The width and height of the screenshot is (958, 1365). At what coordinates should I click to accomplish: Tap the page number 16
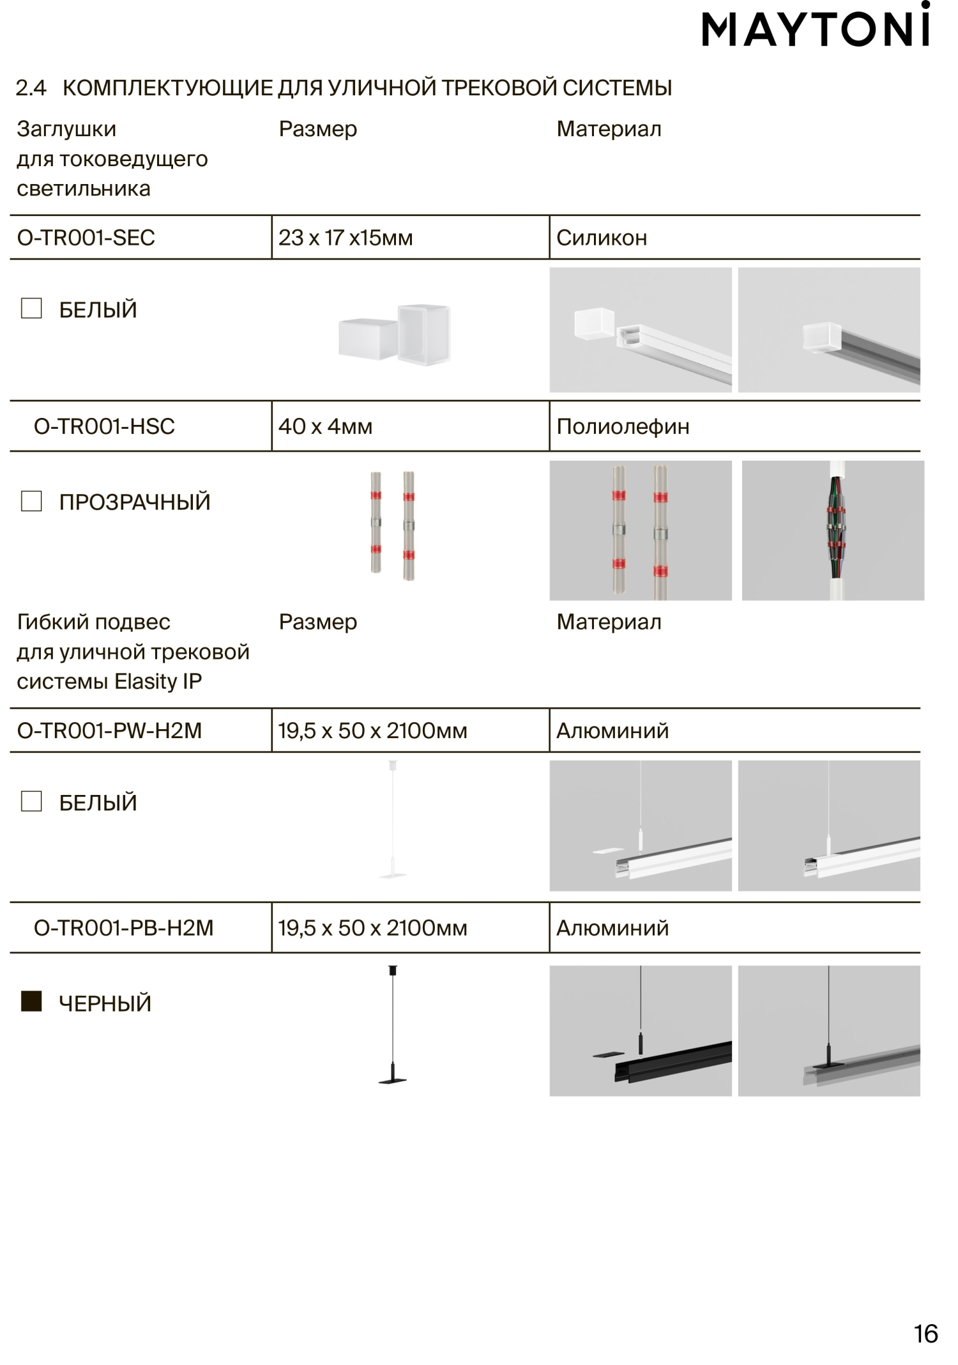(925, 1334)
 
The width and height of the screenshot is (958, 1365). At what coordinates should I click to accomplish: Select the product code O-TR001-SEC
(86, 238)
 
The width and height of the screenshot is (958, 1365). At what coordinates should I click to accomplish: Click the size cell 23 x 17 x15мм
(346, 238)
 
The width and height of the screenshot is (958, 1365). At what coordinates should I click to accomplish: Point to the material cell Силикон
(602, 238)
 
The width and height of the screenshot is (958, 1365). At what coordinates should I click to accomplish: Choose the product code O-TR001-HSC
(104, 426)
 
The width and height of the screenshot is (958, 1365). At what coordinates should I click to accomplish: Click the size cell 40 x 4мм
(325, 426)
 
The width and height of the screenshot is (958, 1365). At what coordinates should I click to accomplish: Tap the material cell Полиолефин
(623, 426)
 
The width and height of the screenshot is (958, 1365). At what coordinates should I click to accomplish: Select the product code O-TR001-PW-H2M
(109, 730)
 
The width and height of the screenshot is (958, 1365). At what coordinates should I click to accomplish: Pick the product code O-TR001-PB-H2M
(123, 928)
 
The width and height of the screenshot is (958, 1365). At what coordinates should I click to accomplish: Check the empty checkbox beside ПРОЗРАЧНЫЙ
(31, 501)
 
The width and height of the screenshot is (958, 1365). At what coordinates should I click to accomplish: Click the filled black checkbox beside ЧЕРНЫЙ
(31, 1001)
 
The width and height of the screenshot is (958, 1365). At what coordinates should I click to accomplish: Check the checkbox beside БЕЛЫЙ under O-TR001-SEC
(31, 308)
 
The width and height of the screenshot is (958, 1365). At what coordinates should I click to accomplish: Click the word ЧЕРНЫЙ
(105, 1003)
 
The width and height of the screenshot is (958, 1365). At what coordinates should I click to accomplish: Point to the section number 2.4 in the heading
(31, 88)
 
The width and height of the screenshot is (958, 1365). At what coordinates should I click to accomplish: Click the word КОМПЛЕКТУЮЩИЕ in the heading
(168, 88)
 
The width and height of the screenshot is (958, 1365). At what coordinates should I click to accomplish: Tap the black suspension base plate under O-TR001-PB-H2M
(392, 1081)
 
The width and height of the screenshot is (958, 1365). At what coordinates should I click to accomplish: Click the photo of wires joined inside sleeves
(833, 530)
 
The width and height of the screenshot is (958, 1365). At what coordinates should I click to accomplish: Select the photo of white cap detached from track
(641, 330)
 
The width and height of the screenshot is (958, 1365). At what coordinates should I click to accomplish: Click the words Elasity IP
(158, 682)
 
